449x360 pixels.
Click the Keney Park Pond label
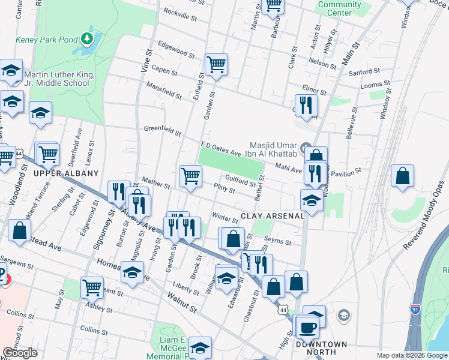(47, 40)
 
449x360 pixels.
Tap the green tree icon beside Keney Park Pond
(88, 40)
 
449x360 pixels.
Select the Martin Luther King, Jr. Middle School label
(56, 79)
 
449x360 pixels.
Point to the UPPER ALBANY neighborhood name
(66, 173)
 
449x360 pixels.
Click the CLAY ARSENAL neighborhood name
(273, 216)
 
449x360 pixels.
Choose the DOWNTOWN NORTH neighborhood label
(321, 348)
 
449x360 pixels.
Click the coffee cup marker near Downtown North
(307, 328)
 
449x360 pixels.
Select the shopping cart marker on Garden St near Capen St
(215, 64)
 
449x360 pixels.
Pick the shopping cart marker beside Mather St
(190, 176)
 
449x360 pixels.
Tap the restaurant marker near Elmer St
(306, 105)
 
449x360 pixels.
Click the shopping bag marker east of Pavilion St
(402, 176)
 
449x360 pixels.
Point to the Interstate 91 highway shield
(415, 309)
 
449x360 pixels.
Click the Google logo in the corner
(20, 352)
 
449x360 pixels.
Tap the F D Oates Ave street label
(220, 149)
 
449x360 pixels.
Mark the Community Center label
(339, 8)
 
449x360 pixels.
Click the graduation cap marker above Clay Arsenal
(312, 201)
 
